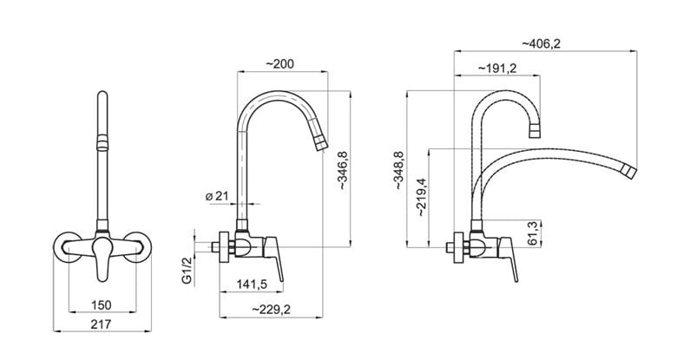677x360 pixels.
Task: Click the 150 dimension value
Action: coord(102,305)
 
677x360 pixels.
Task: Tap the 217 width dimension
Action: coord(101,324)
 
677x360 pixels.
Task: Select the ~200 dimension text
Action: coord(279,64)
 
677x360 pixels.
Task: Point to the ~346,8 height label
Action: coord(343,171)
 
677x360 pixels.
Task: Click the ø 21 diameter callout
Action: coord(217,196)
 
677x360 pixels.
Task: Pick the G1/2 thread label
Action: coord(187,270)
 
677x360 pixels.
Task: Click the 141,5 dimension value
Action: coord(252,285)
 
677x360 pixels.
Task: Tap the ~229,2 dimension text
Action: coord(271,310)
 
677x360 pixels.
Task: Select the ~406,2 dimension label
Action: coord(541,43)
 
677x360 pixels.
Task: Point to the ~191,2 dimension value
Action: coord(497,69)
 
